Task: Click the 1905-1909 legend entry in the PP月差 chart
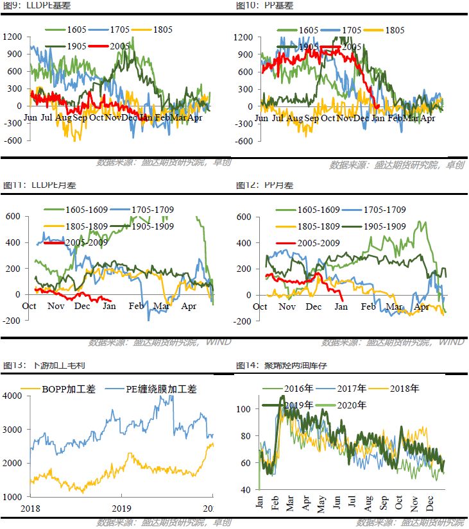382,226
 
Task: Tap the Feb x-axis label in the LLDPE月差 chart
136,306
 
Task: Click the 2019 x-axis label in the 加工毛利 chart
121,509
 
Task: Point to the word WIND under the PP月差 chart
452,342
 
